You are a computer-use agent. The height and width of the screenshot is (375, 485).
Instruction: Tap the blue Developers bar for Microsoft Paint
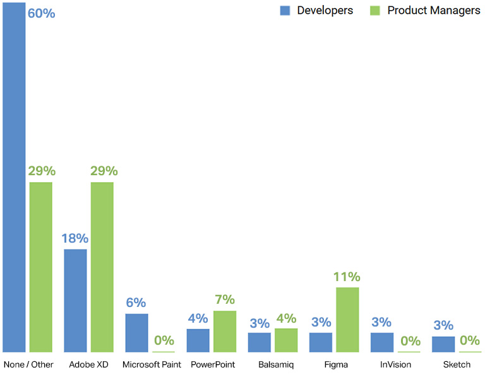point(136,333)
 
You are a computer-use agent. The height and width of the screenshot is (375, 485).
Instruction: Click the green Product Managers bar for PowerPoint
point(225,332)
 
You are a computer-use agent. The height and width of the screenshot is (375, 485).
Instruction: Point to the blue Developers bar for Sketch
point(443,344)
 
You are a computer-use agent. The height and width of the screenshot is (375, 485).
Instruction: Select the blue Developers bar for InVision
point(382,342)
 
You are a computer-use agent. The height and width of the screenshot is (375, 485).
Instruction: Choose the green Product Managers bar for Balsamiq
point(286,340)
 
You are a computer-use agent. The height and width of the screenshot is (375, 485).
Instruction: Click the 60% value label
point(42,13)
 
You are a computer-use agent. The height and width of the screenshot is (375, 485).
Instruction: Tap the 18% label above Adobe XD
point(75,238)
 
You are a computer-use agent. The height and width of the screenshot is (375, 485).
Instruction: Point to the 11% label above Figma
point(347,277)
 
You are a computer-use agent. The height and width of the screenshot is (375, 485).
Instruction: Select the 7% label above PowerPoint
point(225,300)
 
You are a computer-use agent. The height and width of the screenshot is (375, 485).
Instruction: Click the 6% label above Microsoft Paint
point(136,303)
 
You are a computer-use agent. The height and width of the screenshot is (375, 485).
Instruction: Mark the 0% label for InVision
point(409,341)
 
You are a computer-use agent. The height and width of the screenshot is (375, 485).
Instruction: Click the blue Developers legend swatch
point(285,11)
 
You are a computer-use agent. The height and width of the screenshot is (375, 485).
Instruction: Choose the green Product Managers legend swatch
point(374,11)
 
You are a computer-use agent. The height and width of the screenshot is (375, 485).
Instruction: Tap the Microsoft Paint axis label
point(152,364)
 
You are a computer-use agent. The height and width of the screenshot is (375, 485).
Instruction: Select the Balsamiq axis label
point(276,364)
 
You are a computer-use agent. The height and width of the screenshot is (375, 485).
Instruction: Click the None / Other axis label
point(28,364)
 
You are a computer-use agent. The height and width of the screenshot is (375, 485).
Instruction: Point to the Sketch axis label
point(457,364)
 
